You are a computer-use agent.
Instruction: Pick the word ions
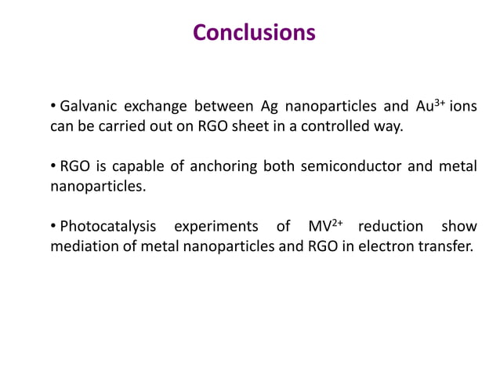[x=463, y=107]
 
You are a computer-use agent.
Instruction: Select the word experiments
[x=216, y=228]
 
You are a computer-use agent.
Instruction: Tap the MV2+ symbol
[x=326, y=227]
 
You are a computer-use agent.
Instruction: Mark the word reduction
[x=390, y=228]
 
